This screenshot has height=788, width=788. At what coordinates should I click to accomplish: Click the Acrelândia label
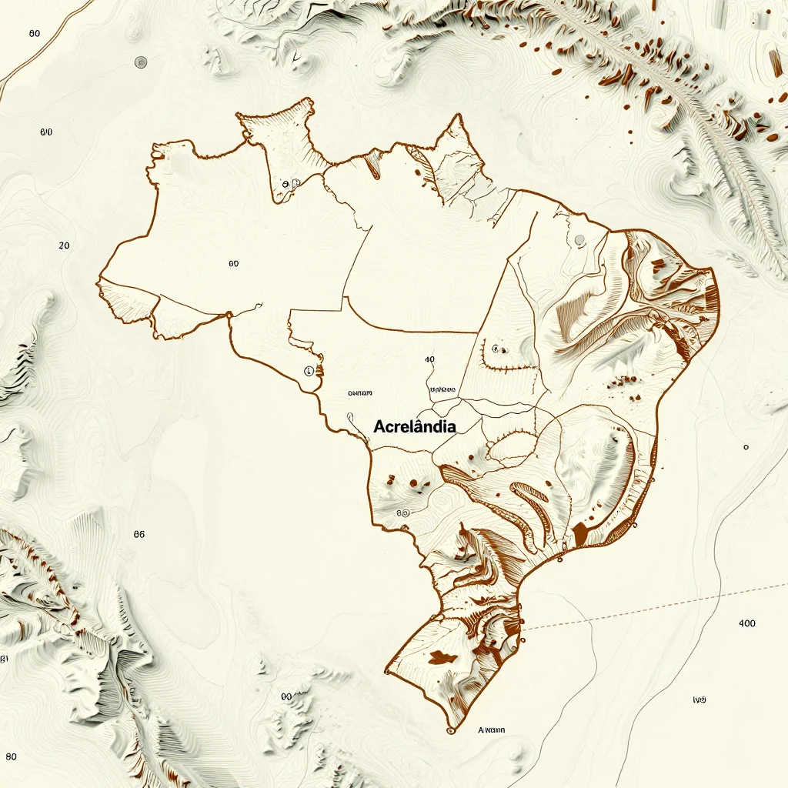[414, 426]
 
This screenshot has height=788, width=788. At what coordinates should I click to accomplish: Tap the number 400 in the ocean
[746, 623]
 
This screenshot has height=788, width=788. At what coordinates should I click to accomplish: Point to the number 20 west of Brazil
[64, 245]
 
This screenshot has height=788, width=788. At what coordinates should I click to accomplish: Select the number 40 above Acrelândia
[429, 359]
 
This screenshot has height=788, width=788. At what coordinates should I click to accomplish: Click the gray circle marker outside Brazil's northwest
[140, 62]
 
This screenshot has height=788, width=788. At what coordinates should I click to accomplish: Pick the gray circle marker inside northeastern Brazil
[579, 240]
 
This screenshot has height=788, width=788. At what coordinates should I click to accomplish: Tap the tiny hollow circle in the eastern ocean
[746, 446]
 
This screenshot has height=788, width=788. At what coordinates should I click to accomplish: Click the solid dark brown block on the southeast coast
[580, 532]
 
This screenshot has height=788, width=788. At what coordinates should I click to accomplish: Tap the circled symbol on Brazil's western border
[309, 370]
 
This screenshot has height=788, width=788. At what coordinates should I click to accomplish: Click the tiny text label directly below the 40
[444, 389]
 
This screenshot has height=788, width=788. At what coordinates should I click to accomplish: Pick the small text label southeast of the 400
[700, 700]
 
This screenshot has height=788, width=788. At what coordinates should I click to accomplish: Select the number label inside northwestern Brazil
[233, 263]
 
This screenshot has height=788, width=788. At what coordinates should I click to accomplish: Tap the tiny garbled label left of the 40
[360, 392]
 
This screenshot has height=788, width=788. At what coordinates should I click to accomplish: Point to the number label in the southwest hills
[139, 534]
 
